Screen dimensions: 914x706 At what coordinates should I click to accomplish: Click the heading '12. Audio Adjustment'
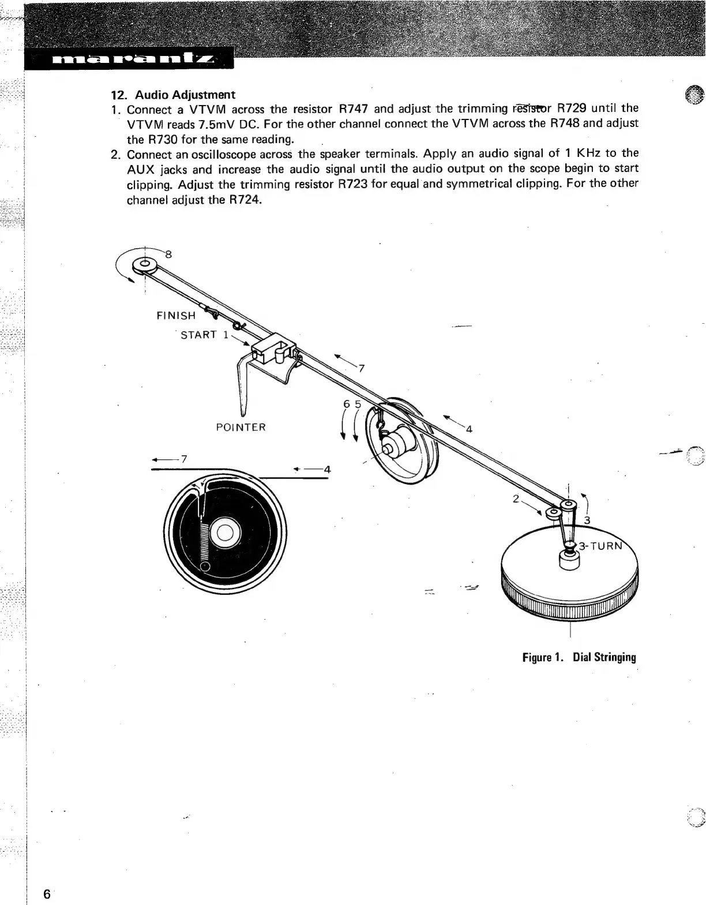(x=173, y=94)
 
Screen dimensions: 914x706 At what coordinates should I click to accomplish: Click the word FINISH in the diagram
(x=176, y=316)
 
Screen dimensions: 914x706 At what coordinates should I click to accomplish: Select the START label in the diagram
(x=199, y=335)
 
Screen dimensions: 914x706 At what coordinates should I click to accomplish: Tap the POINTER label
(x=241, y=428)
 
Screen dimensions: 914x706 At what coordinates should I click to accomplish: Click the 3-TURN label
(x=601, y=545)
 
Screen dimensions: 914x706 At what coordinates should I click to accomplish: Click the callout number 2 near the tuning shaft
(x=516, y=498)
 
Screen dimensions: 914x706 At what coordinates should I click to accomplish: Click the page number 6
(x=46, y=894)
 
